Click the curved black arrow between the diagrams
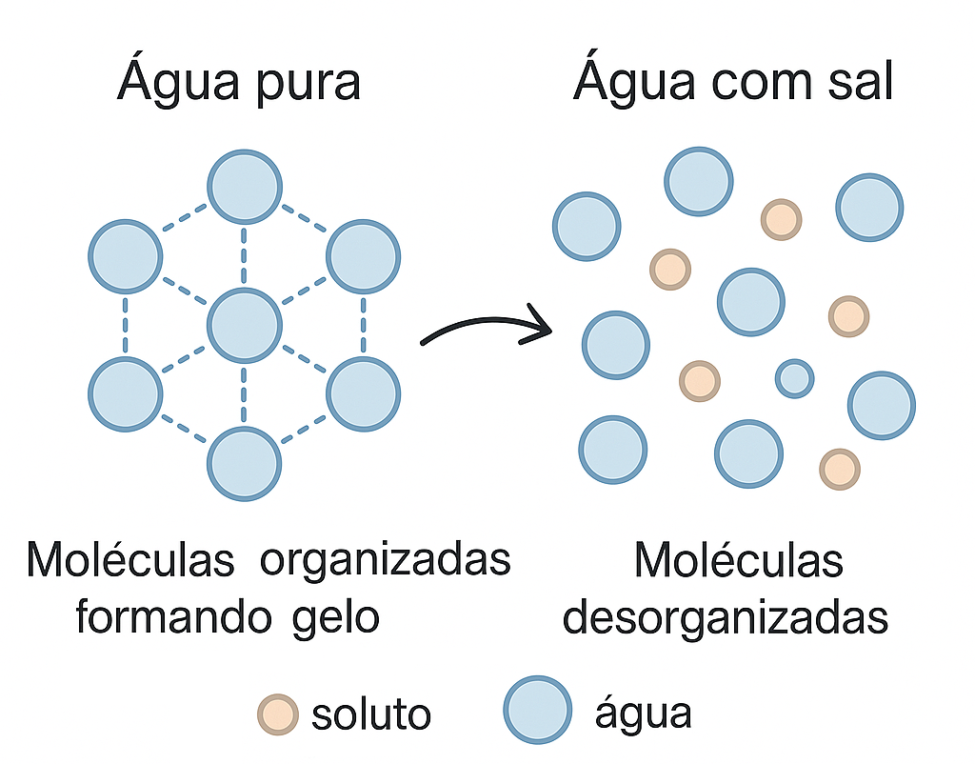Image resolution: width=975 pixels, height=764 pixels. point(487,324)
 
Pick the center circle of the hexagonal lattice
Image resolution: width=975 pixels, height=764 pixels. point(245,326)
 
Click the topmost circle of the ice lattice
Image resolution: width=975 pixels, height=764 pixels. point(245,187)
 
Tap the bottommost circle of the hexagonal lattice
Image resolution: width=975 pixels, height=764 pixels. point(245,464)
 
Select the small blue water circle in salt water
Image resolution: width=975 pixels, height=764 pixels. point(795,378)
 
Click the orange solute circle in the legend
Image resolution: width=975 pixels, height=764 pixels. point(278,714)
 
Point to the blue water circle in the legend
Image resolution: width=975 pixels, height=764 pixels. point(538,710)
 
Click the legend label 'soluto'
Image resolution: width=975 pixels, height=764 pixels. point(371,714)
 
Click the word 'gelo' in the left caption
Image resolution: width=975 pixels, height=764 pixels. point(336,618)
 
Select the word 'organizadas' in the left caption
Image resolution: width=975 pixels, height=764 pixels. point(386,561)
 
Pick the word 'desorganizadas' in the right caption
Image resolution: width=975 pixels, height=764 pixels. point(725,618)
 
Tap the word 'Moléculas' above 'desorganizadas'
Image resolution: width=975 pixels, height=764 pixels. point(739,560)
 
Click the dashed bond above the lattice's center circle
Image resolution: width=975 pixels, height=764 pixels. point(244,256)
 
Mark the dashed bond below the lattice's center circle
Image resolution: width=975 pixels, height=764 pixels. point(244,395)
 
